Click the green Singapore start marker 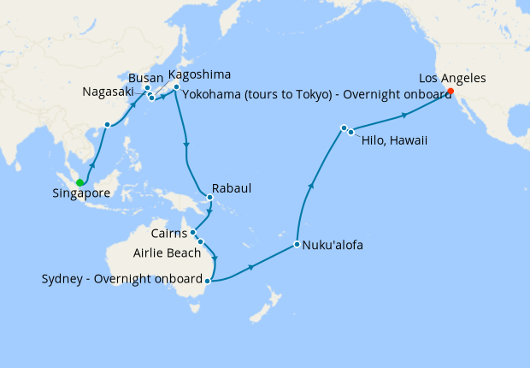coord(79,182)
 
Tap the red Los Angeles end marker coord(450,91)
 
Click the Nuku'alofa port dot coord(297,245)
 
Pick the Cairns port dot coord(193,232)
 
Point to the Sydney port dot coord(208,280)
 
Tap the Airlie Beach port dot coord(201,242)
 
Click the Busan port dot coord(147,88)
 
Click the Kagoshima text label coord(199,74)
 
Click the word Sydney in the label coord(62,280)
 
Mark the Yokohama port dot coord(176,87)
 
